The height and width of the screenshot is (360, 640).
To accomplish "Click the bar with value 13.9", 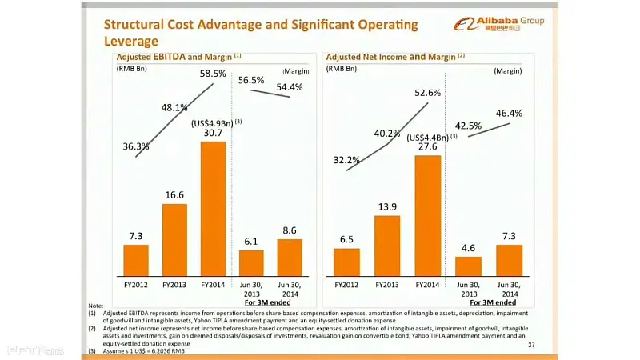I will pos(387,245).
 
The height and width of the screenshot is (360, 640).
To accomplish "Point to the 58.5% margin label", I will pos(212,74).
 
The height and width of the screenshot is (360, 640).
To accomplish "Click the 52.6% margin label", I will pos(428,93).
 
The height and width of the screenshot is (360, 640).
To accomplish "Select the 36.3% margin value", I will pos(136,146).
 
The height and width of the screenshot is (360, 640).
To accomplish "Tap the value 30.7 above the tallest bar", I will pos(213,133).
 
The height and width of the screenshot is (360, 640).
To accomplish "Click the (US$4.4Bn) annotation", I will pos(430,137).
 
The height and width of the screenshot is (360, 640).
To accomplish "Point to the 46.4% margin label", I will pos(509,113).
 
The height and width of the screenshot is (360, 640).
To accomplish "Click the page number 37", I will pos(531,345).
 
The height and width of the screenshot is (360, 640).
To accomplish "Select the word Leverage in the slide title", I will pos(132,41).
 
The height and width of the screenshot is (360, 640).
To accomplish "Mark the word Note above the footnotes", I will pos(96,306).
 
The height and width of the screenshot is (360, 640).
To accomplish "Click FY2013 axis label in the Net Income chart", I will pos(387,284).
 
